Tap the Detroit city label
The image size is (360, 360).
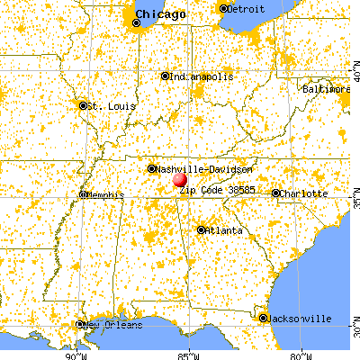pos(246,8)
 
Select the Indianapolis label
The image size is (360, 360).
pos(200,76)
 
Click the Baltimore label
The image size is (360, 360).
pos(327,89)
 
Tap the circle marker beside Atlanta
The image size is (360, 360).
pos(200,229)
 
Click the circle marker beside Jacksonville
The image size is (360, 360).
pos(264,318)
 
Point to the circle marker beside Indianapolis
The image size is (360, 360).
pos(166,76)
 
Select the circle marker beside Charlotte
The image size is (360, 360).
pos(276,193)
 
